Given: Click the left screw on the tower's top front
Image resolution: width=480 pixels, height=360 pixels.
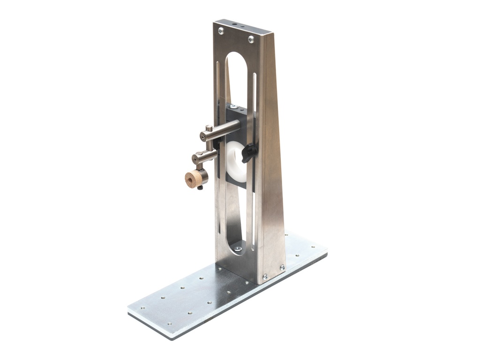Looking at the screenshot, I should click(221, 30).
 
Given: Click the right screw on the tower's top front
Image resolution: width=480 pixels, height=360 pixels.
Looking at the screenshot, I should click(251, 39).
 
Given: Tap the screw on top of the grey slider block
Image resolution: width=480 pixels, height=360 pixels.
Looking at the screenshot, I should click(233, 107).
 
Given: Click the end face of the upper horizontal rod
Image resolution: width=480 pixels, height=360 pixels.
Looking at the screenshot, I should click(204, 136).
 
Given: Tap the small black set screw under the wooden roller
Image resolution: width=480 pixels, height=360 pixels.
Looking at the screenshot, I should click(200, 188).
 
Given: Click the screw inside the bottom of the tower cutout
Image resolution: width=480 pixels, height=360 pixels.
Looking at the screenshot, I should click(238, 249).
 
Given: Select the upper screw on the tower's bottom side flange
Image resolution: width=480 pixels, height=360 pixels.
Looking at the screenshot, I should click(282, 268).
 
